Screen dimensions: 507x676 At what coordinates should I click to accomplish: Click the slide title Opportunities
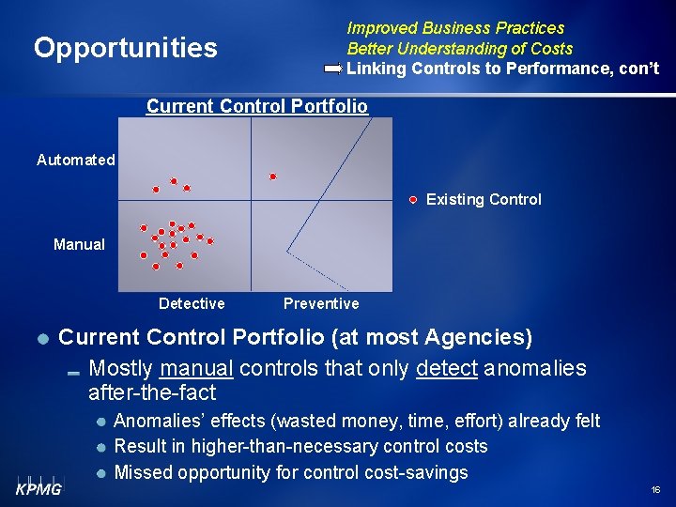125,48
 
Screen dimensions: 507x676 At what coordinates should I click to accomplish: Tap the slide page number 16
654,490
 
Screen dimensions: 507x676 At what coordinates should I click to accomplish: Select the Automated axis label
75,161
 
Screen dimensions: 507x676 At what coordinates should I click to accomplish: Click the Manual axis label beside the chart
79,244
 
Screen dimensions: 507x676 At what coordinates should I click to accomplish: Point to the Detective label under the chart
192,303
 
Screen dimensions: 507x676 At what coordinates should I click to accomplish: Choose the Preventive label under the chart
321,303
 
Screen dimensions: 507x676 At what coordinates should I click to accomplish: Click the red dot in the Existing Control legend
413,199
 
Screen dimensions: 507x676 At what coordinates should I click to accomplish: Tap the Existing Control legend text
484,199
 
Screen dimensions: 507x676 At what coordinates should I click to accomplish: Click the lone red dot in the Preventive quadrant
273,176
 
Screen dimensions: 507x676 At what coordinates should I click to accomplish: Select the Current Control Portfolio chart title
256,106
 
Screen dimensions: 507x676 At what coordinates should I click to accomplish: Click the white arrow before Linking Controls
333,69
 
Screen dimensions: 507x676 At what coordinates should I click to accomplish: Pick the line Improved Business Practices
455,28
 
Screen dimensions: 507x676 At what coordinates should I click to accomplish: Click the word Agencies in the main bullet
478,337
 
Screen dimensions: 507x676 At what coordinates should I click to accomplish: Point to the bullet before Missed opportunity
101,472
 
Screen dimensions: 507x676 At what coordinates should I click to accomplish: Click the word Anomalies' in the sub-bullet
151,421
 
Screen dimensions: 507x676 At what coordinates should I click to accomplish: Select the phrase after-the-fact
152,392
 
